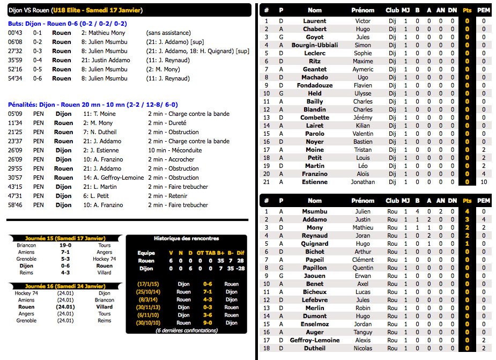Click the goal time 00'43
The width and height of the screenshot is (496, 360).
[x=14, y=33]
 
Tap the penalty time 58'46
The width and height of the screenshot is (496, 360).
[x=15, y=205]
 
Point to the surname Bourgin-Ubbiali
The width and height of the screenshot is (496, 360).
[x=315, y=45]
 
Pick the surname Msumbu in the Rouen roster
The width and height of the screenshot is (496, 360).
[x=315, y=211]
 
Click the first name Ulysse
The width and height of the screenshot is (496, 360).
[x=363, y=93]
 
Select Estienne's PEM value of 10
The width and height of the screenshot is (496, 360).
[x=484, y=182]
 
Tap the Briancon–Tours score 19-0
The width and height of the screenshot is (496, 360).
[x=65, y=245]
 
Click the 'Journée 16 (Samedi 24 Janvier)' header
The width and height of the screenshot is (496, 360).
[x=65, y=286]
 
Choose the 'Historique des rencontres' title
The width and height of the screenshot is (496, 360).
[x=186, y=238]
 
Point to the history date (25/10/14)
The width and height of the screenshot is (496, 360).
[x=147, y=292]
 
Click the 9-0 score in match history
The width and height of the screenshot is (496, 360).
[x=208, y=323]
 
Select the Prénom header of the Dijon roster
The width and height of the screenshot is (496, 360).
[x=363, y=10]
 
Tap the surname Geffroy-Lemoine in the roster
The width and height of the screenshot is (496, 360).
[x=315, y=340]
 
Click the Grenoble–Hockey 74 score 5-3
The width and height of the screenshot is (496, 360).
[x=65, y=259]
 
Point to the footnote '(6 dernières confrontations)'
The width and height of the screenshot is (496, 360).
[x=186, y=330]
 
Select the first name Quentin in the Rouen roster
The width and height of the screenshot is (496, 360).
[x=363, y=268]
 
